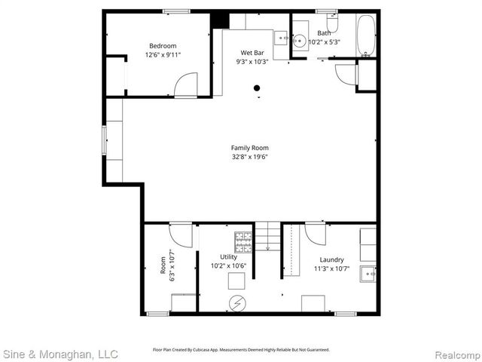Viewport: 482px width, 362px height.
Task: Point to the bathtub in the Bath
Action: (x=367, y=35)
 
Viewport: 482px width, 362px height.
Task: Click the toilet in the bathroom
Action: (x=332, y=23)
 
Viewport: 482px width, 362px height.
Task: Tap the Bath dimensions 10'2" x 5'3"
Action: (x=325, y=42)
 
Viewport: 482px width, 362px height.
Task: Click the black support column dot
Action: (x=257, y=88)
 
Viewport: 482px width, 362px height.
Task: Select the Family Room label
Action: (x=249, y=148)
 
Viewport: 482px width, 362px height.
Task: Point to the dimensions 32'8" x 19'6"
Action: (x=249, y=157)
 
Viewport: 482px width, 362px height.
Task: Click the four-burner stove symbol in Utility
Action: (x=244, y=241)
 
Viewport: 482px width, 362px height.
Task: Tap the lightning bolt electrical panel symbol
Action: (x=236, y=302)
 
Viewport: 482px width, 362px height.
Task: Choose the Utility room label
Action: (x=228, y=257)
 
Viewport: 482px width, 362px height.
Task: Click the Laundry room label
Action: (x=331, y=259)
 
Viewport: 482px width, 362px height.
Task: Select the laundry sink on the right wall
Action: (x=368, y=272)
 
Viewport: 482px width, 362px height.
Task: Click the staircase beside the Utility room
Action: (x=267, y=237)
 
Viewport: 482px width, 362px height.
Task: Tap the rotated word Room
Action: (x=163, y=265)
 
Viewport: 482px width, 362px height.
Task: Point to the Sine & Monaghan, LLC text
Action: (x=60, y=353)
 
